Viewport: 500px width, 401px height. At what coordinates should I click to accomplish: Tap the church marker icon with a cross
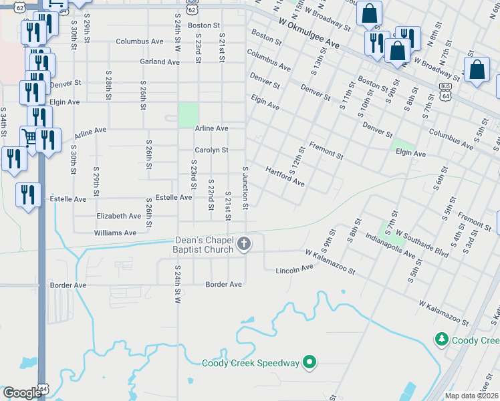tap(245, 245)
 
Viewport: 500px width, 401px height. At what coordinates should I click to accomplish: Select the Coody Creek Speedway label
tap(251, 364)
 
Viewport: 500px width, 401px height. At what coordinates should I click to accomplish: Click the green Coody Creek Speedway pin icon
tap(309, 364)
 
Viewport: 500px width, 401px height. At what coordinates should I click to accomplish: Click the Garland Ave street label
tap(160, 62)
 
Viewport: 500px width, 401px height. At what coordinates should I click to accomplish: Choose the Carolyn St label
tap(211, 150)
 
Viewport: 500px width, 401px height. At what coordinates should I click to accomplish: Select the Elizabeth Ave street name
tap(119, 217)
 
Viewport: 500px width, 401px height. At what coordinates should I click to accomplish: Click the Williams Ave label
tap(115, 233)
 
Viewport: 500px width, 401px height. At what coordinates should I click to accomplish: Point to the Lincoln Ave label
tap(294, 269)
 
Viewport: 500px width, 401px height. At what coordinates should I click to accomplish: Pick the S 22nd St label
tap(211, 194)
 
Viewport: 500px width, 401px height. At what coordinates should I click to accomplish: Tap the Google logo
tap(22, 393)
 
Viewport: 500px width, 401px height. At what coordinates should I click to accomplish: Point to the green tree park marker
tap(441, 340)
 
